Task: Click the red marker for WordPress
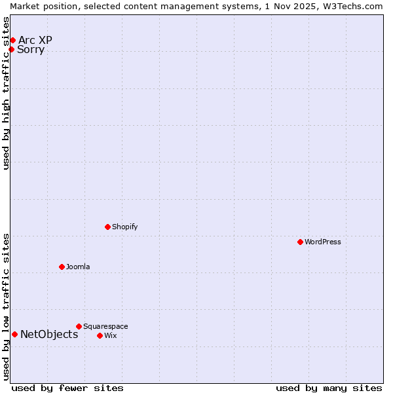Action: tap(301, 242)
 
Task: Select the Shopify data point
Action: tap(108, 227)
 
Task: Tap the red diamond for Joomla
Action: tap(62, 267)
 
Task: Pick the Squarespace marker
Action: tap(79, 326)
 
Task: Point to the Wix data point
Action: tap(100, 335)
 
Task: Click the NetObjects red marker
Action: tap(14, 335)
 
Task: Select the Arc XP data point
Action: tap(12, 41)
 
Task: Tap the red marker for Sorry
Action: tap(11, 50)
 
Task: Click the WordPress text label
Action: tap(323, 242)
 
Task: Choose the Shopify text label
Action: tap(124, 227)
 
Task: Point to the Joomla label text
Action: tap(78, 267)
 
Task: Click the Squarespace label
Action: tap(105, 326)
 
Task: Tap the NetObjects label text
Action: tap(49, 335)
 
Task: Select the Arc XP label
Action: tap(35, 41)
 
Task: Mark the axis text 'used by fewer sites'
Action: tap(67, 388)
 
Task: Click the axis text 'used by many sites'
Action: tap(329, 388)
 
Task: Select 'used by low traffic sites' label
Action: tap(7, 307)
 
